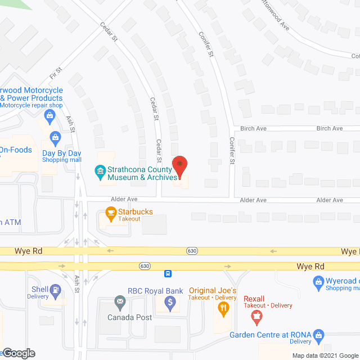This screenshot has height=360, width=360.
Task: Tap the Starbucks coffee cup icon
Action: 111,213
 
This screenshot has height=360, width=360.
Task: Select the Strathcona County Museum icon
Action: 100,170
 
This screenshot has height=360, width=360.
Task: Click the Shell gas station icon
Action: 55,290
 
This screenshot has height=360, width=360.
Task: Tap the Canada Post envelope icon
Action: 120,303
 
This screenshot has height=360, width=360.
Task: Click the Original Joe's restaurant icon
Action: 223,308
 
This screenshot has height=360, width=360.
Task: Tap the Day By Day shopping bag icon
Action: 55,136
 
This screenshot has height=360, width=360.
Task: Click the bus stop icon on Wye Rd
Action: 168,274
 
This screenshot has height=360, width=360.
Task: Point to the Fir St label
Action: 56,73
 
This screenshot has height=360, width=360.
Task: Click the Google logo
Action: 18,353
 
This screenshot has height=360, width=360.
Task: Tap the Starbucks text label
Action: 135,211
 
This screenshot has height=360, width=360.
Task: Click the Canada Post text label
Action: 130,317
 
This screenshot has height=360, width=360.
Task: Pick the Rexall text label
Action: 255,298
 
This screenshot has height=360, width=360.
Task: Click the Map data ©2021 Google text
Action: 325,355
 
